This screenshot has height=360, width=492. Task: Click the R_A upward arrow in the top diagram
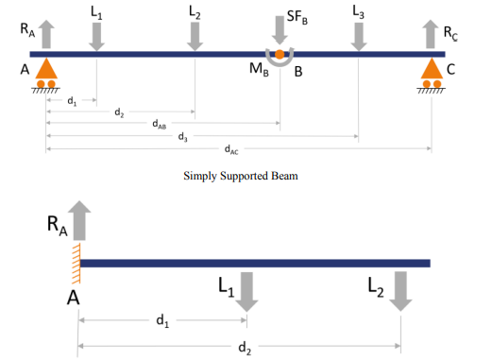46,35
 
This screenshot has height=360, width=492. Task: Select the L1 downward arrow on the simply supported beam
96,36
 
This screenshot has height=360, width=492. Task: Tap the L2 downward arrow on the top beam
195,36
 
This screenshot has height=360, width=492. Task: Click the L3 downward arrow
358,36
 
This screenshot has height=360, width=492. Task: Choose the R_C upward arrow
432,35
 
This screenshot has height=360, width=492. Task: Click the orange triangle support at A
45,69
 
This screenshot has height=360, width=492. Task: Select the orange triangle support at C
432,69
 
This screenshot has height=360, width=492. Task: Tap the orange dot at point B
280,55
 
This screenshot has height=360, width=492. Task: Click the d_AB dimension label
161,123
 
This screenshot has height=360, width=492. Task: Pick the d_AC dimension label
231,149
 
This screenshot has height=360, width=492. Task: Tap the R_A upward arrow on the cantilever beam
79,222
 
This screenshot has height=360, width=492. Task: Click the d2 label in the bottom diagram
245,348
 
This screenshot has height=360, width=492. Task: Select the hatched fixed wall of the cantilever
76,263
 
